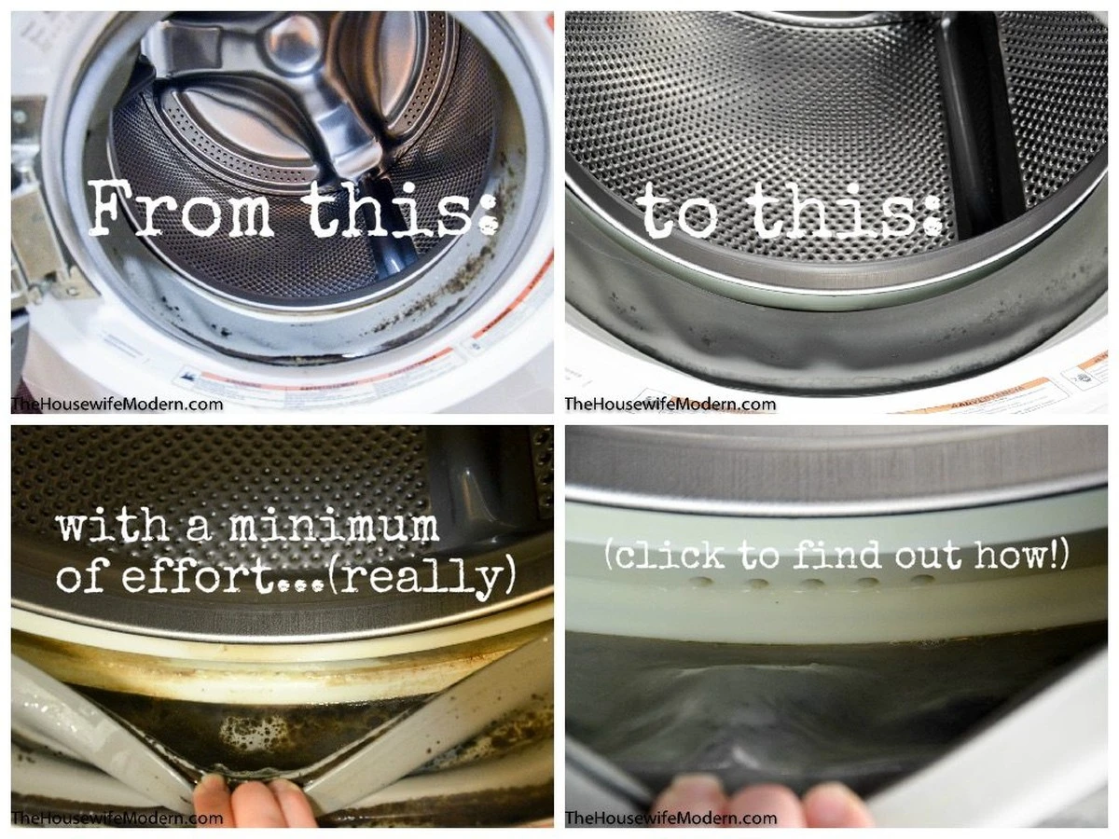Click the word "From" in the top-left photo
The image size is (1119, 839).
pyautogui.click(x=181, y=208)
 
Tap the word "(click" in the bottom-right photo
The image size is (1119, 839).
pyautogui.click(x=665, y=555)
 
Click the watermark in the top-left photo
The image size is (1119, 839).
pyautogui.click(x=117, y=405)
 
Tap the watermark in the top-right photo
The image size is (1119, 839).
pyautogui.click(x=670, y=405)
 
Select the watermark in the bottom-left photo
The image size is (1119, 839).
pyautogui.click(x=117, y=818)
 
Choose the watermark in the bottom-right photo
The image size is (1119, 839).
pyautogui.click(x=670, y=818)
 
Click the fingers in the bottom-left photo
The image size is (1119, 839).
pyautogui.click(x=255, y=801)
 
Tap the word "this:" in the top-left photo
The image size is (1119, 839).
pyautogui.click(x=397, y=208)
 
